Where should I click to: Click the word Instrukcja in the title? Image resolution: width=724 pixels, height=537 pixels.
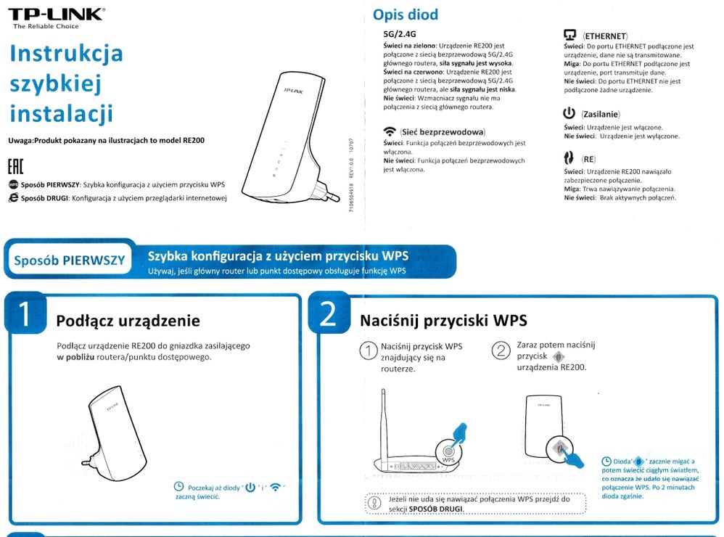point(66,54)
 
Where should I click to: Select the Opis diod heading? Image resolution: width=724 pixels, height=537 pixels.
point(405,15)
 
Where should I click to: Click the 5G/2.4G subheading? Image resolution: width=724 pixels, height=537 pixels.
point(399,34)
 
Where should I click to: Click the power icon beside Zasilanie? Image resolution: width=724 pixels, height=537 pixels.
point(569,114)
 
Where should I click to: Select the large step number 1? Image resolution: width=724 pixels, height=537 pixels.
point(24,315)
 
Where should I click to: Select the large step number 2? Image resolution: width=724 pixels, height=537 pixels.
point(328,315)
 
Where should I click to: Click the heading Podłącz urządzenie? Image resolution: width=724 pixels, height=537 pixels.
point(128,321)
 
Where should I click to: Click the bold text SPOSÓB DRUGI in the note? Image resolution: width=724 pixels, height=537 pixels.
point(435,509)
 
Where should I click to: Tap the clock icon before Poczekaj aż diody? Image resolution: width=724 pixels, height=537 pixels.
point(178,487)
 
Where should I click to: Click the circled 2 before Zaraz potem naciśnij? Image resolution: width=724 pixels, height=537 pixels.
point(501,351)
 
